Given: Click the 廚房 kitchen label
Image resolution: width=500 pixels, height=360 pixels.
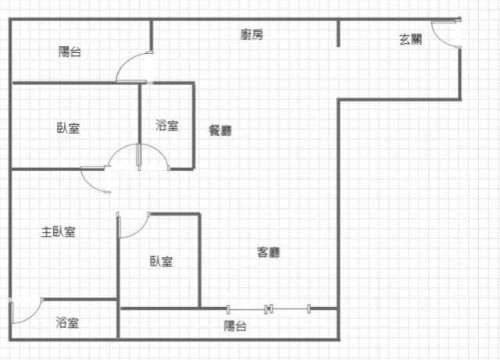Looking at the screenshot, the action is click(x=252, y=34).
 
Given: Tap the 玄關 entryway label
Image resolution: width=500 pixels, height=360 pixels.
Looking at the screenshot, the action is click(x=411, y=40).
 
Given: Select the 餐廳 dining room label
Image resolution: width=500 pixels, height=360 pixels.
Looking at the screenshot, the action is click(x=220, y=130).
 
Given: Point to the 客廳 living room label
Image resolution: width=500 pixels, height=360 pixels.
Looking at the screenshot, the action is click(x=269, y=252).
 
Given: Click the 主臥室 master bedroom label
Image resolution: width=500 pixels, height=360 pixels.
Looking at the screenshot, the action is click(x=59, y=232).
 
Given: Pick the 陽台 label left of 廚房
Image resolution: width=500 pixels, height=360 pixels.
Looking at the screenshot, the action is click(x=70, y=52).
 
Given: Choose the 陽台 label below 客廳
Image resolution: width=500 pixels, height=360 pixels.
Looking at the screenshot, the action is click(x=235, y=326).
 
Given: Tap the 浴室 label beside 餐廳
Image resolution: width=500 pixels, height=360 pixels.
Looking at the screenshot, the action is click(x=167, y=125).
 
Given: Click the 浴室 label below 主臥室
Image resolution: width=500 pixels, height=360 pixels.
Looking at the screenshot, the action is click(x=67, y=323).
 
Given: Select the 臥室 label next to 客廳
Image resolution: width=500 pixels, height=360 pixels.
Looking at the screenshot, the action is click(x=162, y=262).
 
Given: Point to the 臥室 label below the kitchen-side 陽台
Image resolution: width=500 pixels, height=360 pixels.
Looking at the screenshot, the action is click(x=68, y=128).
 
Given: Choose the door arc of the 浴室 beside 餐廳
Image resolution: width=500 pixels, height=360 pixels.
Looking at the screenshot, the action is click(x=159, y=151).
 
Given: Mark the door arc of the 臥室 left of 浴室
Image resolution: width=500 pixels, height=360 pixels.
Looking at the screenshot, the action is click(x=117, y=149).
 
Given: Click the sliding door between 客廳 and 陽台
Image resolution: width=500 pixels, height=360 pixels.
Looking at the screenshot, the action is click(x=269, y=309).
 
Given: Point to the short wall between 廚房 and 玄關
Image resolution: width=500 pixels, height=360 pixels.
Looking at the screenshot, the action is click(x=338, y=34).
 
